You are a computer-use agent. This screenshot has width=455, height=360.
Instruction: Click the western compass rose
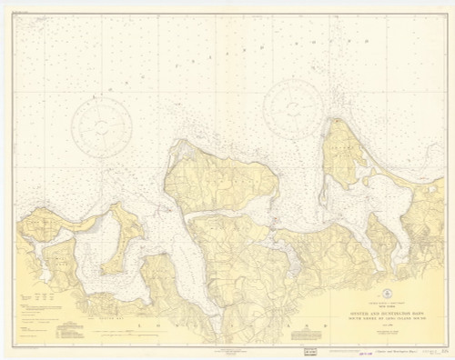click(101, 127)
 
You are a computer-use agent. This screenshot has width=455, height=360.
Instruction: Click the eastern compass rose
click(291, 108)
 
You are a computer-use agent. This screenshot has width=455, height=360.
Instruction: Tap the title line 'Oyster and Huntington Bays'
click(374, 311)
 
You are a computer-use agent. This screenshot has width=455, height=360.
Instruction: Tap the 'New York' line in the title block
click(374, 306)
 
